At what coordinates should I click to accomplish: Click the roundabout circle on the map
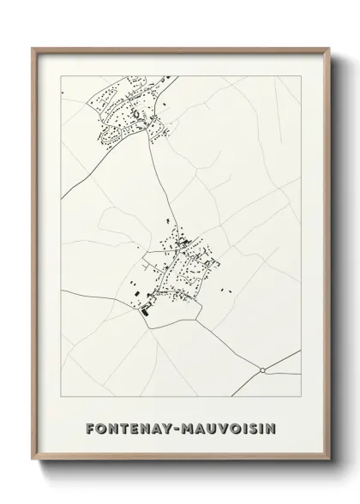tap(261, 370)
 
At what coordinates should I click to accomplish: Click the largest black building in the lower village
tap(144, 312)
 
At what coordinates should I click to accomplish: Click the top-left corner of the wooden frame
tap(34, 48)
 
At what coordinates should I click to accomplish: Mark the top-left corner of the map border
tap(62, 77)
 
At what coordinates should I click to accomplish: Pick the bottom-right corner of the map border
tap(301, 400)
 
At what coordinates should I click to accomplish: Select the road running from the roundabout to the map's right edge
tap(283, 359)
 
